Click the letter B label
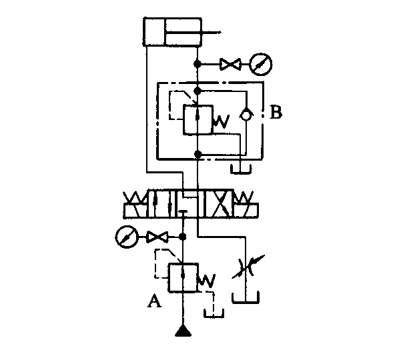(x=276, y=112)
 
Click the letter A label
(x=154, y=301)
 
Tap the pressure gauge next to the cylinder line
(x=261, y=64)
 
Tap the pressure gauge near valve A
(x=127, y=237)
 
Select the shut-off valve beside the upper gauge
(x=230, y=64)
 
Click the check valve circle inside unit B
(x=246, y=115)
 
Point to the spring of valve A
(x=207, y=281)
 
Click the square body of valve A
(x=183, y=277)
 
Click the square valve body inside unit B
(x=197, y=119)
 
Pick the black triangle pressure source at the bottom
(x=183, y=331)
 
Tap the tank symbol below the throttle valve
(x=246, y=297)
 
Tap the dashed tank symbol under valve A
(x=214, y=313)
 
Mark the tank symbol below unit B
(x=241, y=169)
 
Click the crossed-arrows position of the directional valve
(x=219, y=203)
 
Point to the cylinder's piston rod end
(x=220, y=32)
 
